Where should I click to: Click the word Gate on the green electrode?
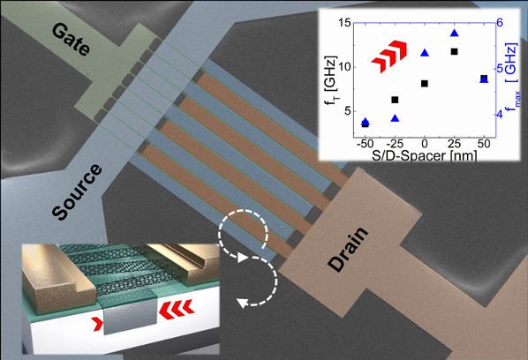click(71, 40)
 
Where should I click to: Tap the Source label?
click(77, 191)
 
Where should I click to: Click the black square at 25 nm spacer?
click(454, 51)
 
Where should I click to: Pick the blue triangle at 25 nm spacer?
click(454, 33)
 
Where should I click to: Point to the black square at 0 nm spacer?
click(425, 84)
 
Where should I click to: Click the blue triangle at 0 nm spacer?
click(425, 53)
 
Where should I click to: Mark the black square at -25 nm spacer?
click(395, 100)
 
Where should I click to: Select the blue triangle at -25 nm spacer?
click(395, 118)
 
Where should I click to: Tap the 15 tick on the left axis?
click(343, 23)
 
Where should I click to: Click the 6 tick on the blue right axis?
click(500, 23)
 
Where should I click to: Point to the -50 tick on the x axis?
click(365, 144)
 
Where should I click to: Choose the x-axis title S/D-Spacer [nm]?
click(425, 155)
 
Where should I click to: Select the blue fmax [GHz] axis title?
click(512, 75)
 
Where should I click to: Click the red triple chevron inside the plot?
click(389, 56)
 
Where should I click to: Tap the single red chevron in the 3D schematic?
click(98, 324)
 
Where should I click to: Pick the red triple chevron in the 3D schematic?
click(176, 309)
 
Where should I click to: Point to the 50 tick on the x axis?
click(484, 144)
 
